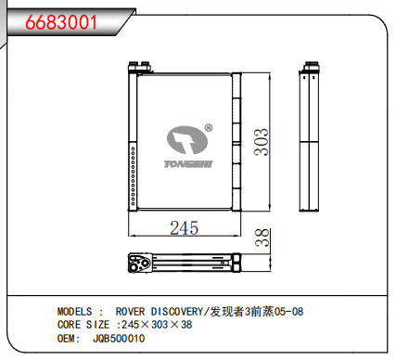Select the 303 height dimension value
(263, 140)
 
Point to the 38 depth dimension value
(263, 238)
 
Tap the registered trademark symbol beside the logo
(208, 128)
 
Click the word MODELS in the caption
(77, 312)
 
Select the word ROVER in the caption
(133, 312)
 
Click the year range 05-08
(285, 312)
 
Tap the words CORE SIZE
(83, 325)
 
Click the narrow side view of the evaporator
(308, 139)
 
